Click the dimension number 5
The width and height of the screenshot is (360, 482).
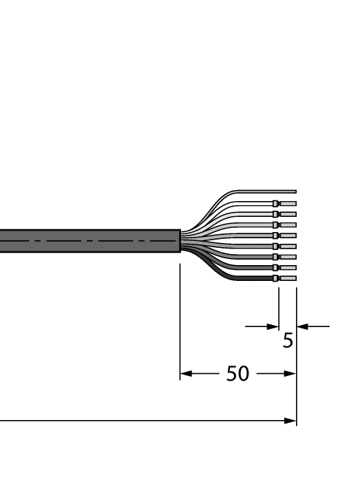point(288,340)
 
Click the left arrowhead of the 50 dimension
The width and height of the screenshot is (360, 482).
point(184,375)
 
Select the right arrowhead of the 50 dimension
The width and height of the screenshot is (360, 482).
point(291,375)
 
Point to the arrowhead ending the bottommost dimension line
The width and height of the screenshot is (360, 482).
point(291,421)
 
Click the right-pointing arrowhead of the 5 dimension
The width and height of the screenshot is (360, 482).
point(274,326)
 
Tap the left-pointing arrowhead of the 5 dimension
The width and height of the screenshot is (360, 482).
point(301,326)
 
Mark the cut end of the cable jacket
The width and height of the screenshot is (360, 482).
point(180,241)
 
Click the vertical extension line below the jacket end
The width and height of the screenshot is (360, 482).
point(180,317)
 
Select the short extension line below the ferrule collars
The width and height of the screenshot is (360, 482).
point(279,303)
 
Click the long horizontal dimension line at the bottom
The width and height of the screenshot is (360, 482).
point(138,421)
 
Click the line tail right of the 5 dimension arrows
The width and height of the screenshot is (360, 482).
point(320,326)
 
